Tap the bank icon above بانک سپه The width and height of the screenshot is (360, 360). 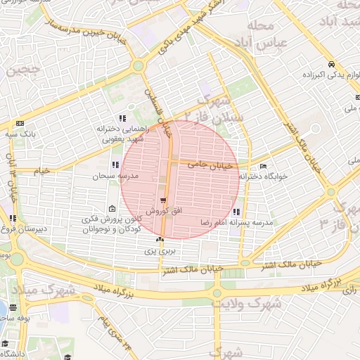(20, 123)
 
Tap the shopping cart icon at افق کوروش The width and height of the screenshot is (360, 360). (164, 201)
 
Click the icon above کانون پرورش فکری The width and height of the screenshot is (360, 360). (113, 209)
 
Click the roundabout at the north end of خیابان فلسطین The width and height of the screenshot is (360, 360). (138, 66)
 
